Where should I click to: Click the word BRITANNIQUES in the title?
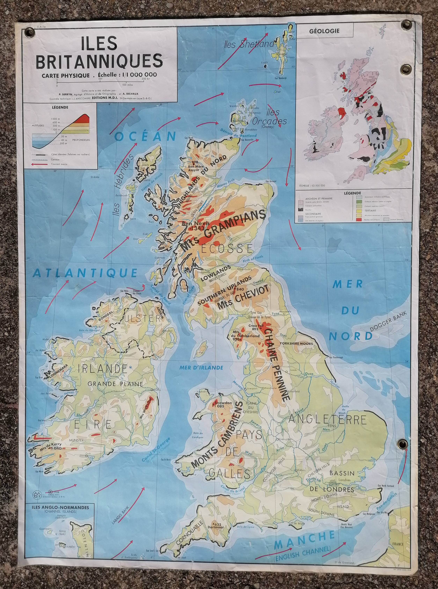[x=99, y=61]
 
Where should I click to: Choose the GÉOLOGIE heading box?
[x=324, y=31]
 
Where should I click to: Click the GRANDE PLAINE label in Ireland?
[x=115, y=384]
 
